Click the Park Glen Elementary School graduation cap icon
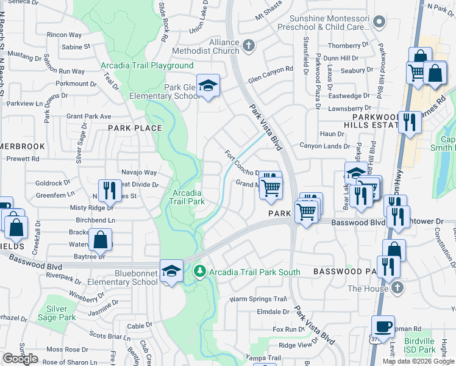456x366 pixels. click(208, 87)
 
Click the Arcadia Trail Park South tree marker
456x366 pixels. click(198, 271)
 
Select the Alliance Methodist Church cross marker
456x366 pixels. click(248, 45)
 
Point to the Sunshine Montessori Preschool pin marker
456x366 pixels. click(379, 23)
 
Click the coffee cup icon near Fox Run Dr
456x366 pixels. click(383, 326)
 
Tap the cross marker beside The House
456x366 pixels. click(397, 287)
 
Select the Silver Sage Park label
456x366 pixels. click(57, 313)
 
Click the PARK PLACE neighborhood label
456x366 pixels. click(135, 128)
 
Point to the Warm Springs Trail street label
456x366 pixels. click(258, 300)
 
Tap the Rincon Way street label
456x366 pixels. click(68, 35)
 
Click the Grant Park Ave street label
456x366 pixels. click(89, 116)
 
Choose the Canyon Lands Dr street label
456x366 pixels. click(324, 146)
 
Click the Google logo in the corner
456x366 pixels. click(20, 358)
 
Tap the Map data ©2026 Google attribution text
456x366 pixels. click(418, 361)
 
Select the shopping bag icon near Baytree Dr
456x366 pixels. click(100, 240)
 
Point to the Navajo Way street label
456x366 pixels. click(140, 173)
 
